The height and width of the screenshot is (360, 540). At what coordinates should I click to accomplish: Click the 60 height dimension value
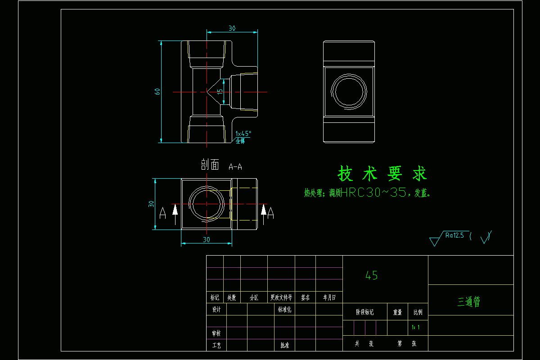tap(157, 91)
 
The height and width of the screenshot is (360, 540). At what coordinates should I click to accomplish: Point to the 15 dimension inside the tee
tap(220, 91)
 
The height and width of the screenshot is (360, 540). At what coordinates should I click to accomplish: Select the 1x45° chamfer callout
tap(243, 134)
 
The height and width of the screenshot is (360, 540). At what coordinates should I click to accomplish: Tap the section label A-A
tap(235, 167)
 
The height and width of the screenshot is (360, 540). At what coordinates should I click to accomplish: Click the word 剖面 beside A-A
tap(210, 165)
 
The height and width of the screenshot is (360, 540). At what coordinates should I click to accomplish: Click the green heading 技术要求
tap(382, 173)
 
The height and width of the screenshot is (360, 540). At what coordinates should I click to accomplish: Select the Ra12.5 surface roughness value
tap(454, 234)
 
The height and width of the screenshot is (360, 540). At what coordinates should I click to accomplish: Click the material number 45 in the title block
tap(372, 276)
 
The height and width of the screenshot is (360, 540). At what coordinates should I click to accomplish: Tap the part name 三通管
tap(469, 302)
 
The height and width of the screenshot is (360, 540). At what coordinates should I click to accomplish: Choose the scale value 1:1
tap(416, 328)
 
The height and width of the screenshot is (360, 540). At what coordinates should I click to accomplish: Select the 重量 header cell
tap(397, 312)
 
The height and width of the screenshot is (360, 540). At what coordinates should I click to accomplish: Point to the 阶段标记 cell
tap(364, 312)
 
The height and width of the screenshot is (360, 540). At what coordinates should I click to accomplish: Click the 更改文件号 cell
tap(281, 297)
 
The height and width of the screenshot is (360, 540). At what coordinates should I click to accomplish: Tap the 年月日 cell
tap(329, 297)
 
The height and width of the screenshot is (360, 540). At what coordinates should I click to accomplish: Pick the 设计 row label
tap(216, 310)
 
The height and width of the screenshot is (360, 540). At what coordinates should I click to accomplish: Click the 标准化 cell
tap(285, 310)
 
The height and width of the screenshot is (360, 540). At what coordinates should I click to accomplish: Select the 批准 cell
tap(285, 346)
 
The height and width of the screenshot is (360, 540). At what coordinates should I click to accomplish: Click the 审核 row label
tap(216, 333)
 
